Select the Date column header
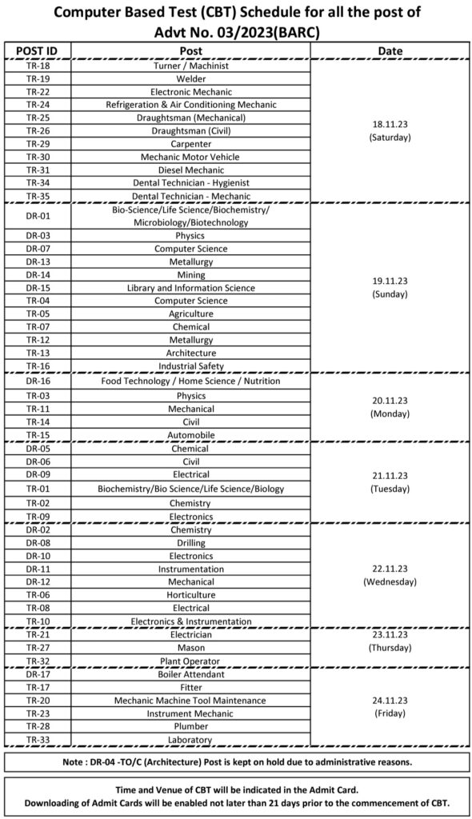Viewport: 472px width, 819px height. (390, 51)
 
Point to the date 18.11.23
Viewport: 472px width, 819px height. (390, 125)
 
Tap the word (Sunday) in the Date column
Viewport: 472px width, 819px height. (390, 294)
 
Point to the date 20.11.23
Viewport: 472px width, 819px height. (390, 401)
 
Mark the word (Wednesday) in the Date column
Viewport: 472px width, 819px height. (390, 581)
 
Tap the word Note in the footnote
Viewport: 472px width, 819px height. (74, 761)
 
